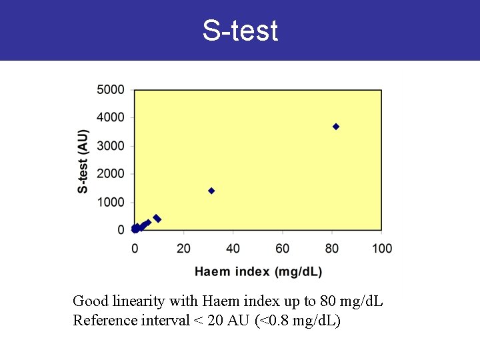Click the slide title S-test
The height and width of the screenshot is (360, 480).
(240, 31)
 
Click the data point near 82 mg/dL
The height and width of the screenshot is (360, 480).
(336, 127)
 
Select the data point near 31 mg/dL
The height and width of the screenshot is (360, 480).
(211, 191)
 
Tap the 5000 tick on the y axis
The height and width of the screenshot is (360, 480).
(111, 89)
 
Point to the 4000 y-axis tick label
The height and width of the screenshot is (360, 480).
(111, 117)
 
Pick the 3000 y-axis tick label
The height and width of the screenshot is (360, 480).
(111, 145)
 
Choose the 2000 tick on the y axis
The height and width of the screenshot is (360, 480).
(111, 174)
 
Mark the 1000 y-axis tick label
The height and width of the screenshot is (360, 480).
(111, 202)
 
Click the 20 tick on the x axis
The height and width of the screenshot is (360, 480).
(184, 249)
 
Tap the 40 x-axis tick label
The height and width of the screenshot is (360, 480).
(233, 249)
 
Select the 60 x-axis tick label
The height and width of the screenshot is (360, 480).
(283, 249)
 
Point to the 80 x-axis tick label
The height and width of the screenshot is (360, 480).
(332, 249)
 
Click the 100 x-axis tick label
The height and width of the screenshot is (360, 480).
(382, 249)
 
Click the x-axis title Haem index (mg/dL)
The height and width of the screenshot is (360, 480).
(258, 271)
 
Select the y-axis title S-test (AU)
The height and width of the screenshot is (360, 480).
(83, 161)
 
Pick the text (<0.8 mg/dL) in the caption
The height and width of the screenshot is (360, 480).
(298, 321)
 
